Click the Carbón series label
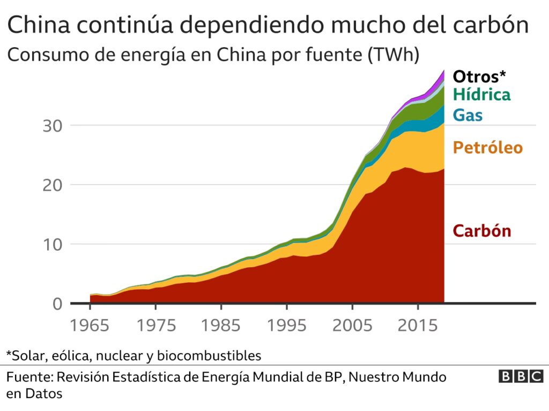(x=482, y=231)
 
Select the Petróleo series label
(x=487, y=148)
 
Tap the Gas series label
(x=468, y=115)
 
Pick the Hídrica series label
(x=481, y=95)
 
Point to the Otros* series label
(x=480, y=76)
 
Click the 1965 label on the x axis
(x=90, y=326)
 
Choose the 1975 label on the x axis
(x=155, y=326)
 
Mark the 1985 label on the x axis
(x=220, y=326)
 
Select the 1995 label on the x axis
(x=286, y=326)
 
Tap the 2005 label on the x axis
(x=351, y=326)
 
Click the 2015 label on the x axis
(x=416, y=326)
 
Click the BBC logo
(x=521, y=377)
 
